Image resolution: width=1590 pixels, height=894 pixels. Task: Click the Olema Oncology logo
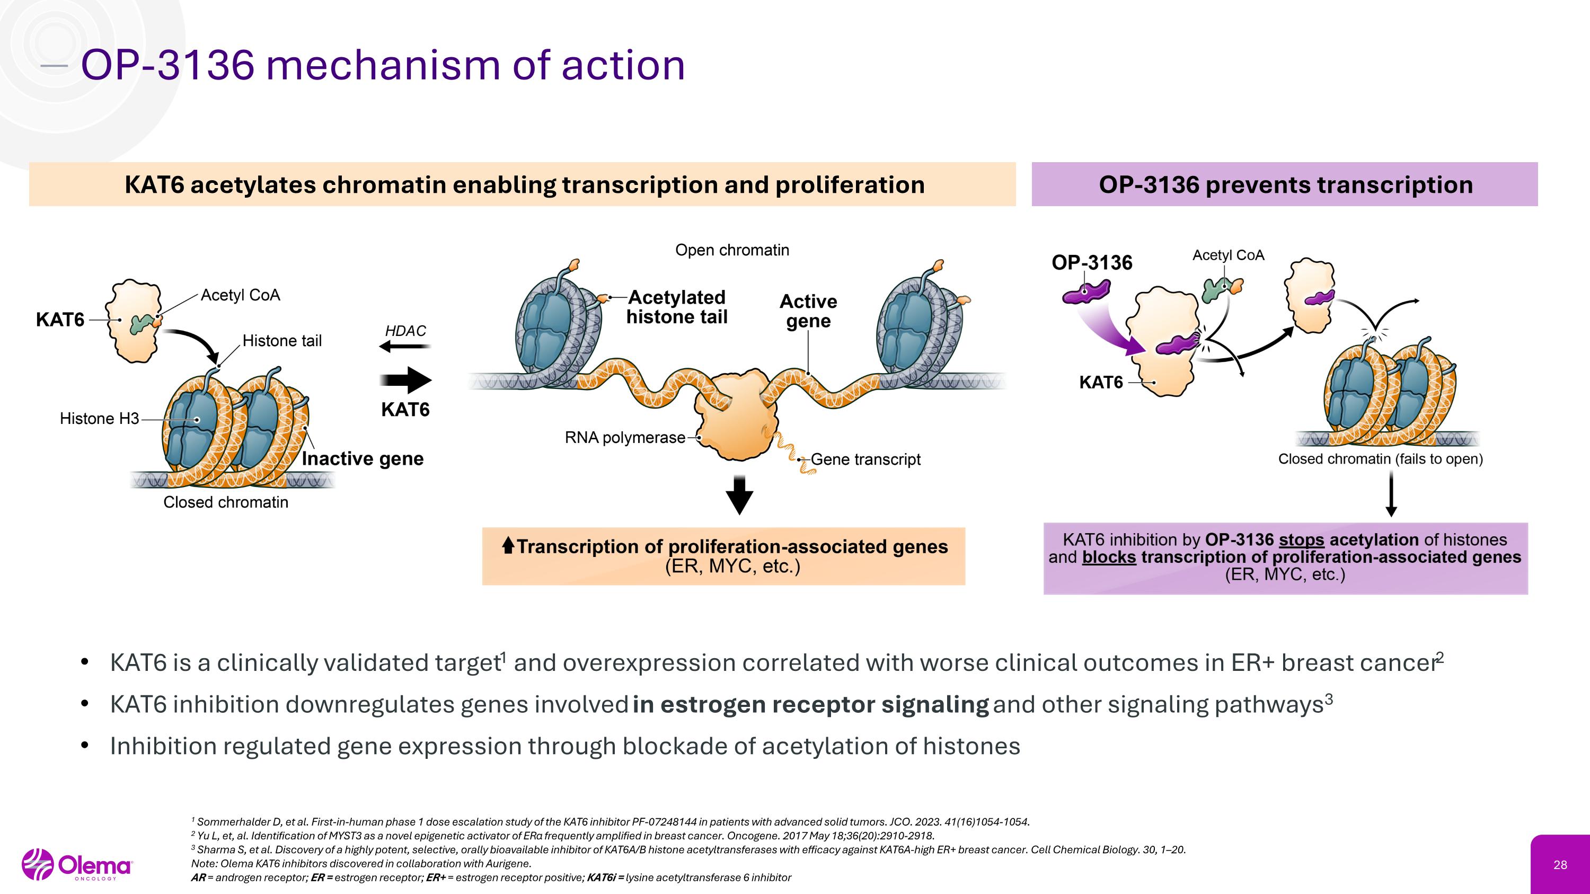coord(77,864)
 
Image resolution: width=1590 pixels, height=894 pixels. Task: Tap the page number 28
coord(1560,865)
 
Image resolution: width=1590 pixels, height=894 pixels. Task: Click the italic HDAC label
coord(405,331)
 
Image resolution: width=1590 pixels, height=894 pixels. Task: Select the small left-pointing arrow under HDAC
coord(404,347)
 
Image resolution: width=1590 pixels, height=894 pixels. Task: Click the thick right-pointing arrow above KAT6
coord(405,379)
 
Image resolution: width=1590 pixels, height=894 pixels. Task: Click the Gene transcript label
coord(865,459)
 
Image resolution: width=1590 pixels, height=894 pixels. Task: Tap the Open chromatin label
coord(732,250)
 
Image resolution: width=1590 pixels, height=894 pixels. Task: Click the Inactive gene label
coord(363,458)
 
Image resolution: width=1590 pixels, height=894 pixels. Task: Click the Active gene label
coord(808,311)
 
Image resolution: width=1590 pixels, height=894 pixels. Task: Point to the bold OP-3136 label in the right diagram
coord(1092,262)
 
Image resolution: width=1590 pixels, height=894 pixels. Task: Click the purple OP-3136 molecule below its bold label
coord(1086,293)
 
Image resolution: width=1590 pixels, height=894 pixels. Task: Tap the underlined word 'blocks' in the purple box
coord(1109,557)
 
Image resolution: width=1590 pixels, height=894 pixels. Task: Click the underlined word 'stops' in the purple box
coord(1301,540)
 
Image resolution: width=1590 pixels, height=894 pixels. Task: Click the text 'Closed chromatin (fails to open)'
coord(1380,459)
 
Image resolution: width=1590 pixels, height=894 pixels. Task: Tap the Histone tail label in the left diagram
coord(282,341)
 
